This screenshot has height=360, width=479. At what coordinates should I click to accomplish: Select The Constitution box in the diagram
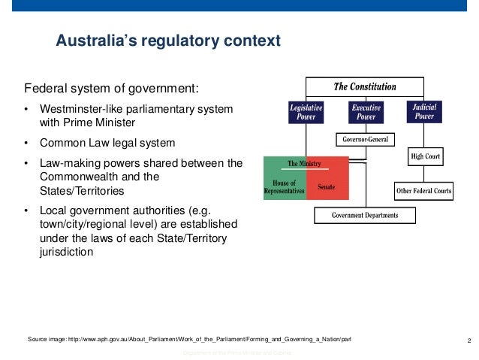(x=365, y=86)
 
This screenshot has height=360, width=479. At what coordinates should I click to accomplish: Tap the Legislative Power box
(x=307, y=113)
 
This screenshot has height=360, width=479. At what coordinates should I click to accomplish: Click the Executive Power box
(x=366, y=113)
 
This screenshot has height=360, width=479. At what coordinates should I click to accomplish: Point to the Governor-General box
(x=365, y=140)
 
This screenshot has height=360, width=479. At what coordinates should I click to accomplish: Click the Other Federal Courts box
(x=424, y=191)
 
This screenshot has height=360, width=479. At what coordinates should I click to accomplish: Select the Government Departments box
(x=365, y=216)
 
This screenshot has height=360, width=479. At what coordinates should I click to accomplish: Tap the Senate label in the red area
(x=326, y=186)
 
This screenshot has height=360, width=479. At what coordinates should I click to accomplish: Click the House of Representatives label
(x=285, y=187)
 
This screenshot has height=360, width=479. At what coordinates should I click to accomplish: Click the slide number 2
(x=468, y=340)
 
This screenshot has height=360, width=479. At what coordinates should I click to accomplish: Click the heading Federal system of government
(x=112, y=86)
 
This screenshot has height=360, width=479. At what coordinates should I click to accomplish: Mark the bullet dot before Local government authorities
(x=29, y=210)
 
